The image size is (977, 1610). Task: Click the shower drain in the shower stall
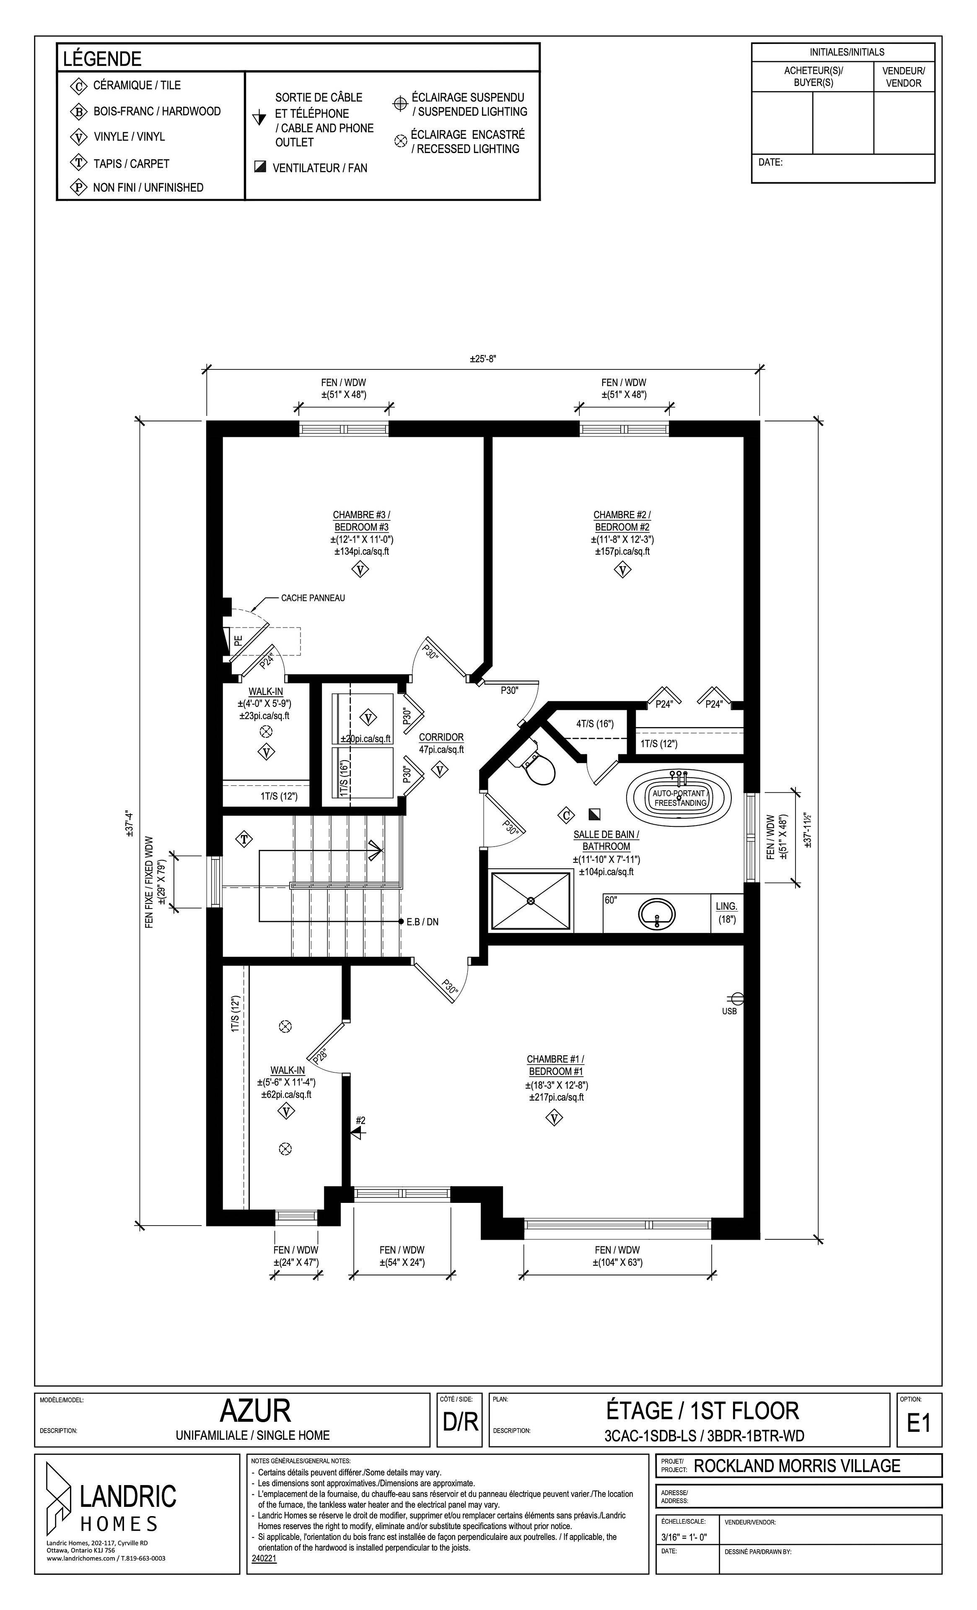point(530,901)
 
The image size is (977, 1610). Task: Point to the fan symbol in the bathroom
point(594,814)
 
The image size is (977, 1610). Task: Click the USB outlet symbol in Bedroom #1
point(736,998)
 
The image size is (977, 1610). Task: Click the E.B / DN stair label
point(422,922)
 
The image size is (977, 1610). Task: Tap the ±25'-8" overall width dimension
point(483,359)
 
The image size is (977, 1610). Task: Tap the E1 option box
point(918,1423)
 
